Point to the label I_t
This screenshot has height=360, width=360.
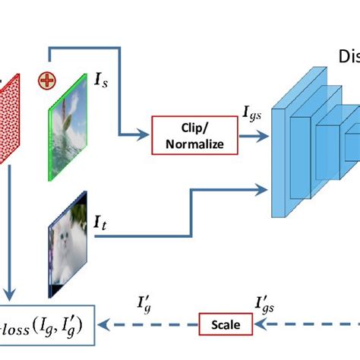(x=99, y=223)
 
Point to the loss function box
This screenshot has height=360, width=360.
(x=46, y=324)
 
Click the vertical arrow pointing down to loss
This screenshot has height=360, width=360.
(x=10, y=251)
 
